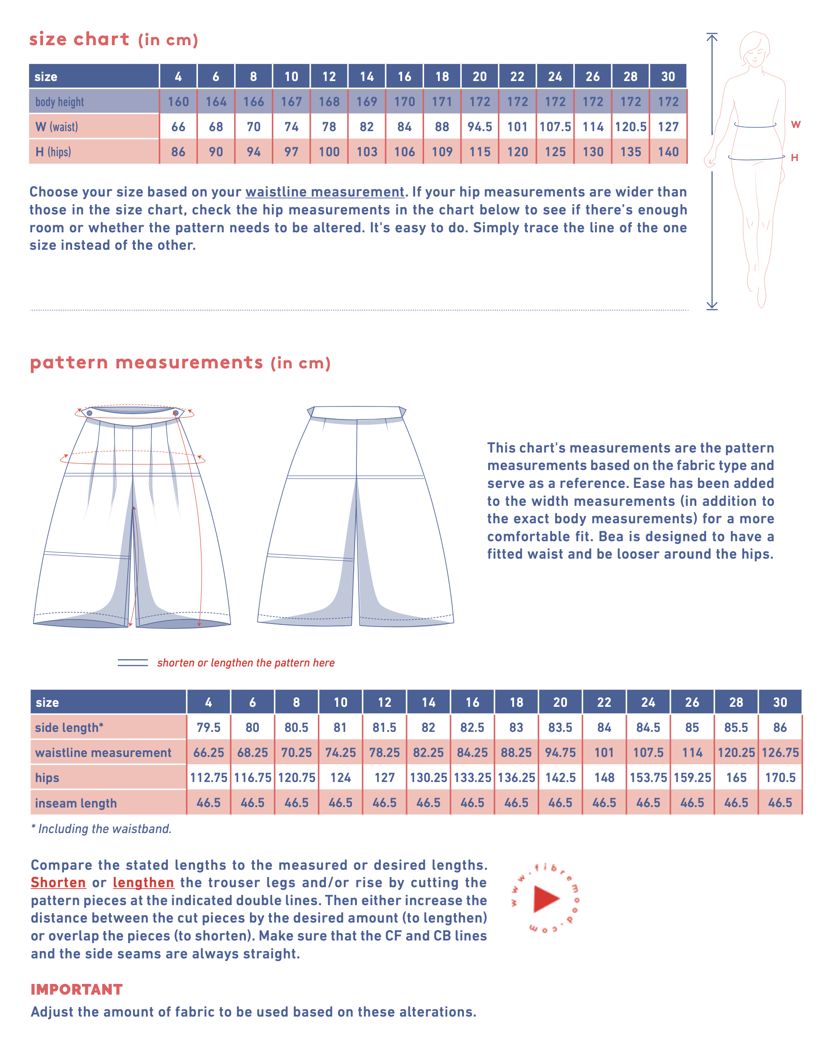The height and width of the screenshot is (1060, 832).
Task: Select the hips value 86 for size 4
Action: tap(178, 152)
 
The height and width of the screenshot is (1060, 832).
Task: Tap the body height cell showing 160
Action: tap(178, 102)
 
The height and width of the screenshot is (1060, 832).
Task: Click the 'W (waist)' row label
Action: tap(56, 127)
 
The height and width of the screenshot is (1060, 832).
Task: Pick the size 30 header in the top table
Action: tap(668, 77)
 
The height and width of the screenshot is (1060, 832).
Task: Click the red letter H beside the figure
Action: tap(794, 158)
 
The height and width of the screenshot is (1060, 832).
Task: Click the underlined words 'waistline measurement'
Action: tap(325, 192)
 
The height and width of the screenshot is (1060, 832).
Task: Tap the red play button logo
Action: tap(545, 899)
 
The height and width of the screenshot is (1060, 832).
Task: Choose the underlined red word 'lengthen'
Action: tap(143, 883)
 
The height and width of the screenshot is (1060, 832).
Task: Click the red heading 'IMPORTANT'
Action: tap(77, 989)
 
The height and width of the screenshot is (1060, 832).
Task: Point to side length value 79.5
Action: tap(209, 727)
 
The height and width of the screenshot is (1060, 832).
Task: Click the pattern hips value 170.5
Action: tap(780, 778)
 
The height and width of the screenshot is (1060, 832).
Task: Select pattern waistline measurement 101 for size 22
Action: tap(604, 753)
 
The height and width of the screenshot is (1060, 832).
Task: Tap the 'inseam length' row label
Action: tap(76, 803)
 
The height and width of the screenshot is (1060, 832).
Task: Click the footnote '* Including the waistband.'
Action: tap(101, 829)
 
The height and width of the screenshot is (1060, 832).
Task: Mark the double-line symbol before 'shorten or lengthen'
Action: tap(133, 662)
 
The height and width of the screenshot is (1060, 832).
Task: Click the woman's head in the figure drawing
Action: tap(755, 49)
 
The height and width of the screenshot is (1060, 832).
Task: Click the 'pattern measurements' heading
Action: tap(146, 363)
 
